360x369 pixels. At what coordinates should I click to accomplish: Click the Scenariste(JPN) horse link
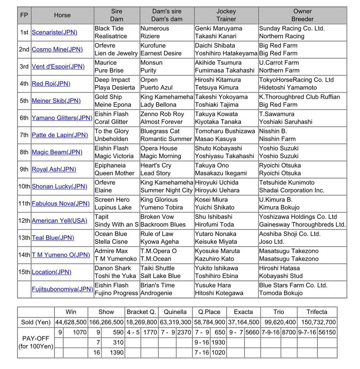coord(54,32)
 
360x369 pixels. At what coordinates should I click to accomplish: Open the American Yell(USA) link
coord(59,221)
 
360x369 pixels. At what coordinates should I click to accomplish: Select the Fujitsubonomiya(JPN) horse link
coord(62,289)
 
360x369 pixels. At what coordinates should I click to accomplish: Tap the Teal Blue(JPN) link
coord(53,238)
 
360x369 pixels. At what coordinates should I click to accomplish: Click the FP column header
coord(24,15)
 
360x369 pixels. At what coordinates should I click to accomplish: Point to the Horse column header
coord(62,15)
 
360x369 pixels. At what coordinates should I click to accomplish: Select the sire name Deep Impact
coord(112,80)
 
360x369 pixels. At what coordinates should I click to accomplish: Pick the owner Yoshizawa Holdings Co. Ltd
coord(298,217)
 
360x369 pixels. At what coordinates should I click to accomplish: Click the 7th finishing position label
coord(24,135)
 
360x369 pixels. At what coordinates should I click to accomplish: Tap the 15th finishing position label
coord(24,272)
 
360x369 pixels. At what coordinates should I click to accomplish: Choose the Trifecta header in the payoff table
coord(316,312)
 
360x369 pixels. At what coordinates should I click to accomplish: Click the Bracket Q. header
coord(141,312)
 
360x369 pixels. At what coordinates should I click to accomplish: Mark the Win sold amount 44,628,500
coord(71,322)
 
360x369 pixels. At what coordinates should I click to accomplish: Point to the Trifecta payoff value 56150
coord(327,332)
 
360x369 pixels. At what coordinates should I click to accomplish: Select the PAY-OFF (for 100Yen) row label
coord(36,342)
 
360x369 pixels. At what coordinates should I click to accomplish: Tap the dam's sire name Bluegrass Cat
coord(160,131)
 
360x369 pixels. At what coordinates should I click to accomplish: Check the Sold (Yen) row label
coord(36,322)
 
